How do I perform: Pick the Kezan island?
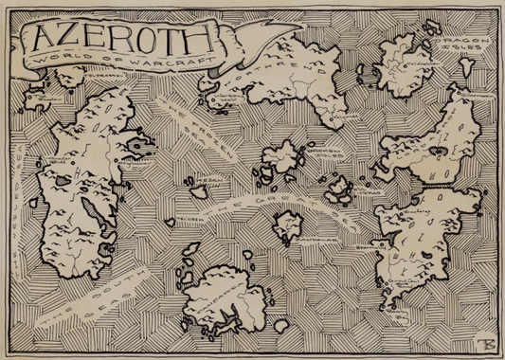[x=200, y=190]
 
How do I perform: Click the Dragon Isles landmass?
[x=407, y=62]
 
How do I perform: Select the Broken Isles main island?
[x=280, y=157]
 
